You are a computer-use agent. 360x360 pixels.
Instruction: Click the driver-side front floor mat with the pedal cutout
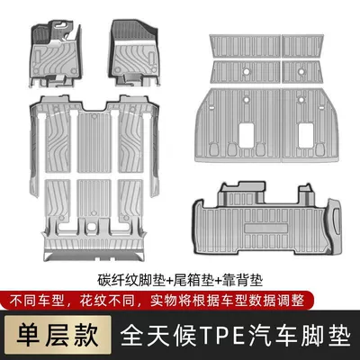[56, 53]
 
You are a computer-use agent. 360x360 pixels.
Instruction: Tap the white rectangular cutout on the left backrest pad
[247, 135]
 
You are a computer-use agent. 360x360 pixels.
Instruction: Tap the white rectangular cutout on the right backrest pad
[306, 135]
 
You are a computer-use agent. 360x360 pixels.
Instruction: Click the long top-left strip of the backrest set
[245, 47]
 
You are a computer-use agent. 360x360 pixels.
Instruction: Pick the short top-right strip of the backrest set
[302, 47]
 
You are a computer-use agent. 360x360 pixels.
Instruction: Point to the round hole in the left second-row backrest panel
[246, 71]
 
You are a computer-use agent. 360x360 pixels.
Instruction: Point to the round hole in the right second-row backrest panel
[301, 71]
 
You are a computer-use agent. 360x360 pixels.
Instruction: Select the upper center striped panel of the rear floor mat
[94, 142]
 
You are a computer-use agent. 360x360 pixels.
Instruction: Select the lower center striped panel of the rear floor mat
[94, 199]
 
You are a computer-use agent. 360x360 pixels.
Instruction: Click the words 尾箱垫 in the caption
[194, 281]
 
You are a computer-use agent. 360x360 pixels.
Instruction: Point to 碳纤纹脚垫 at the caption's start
[131, 281]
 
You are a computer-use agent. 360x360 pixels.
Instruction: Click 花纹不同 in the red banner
[107, 301]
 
